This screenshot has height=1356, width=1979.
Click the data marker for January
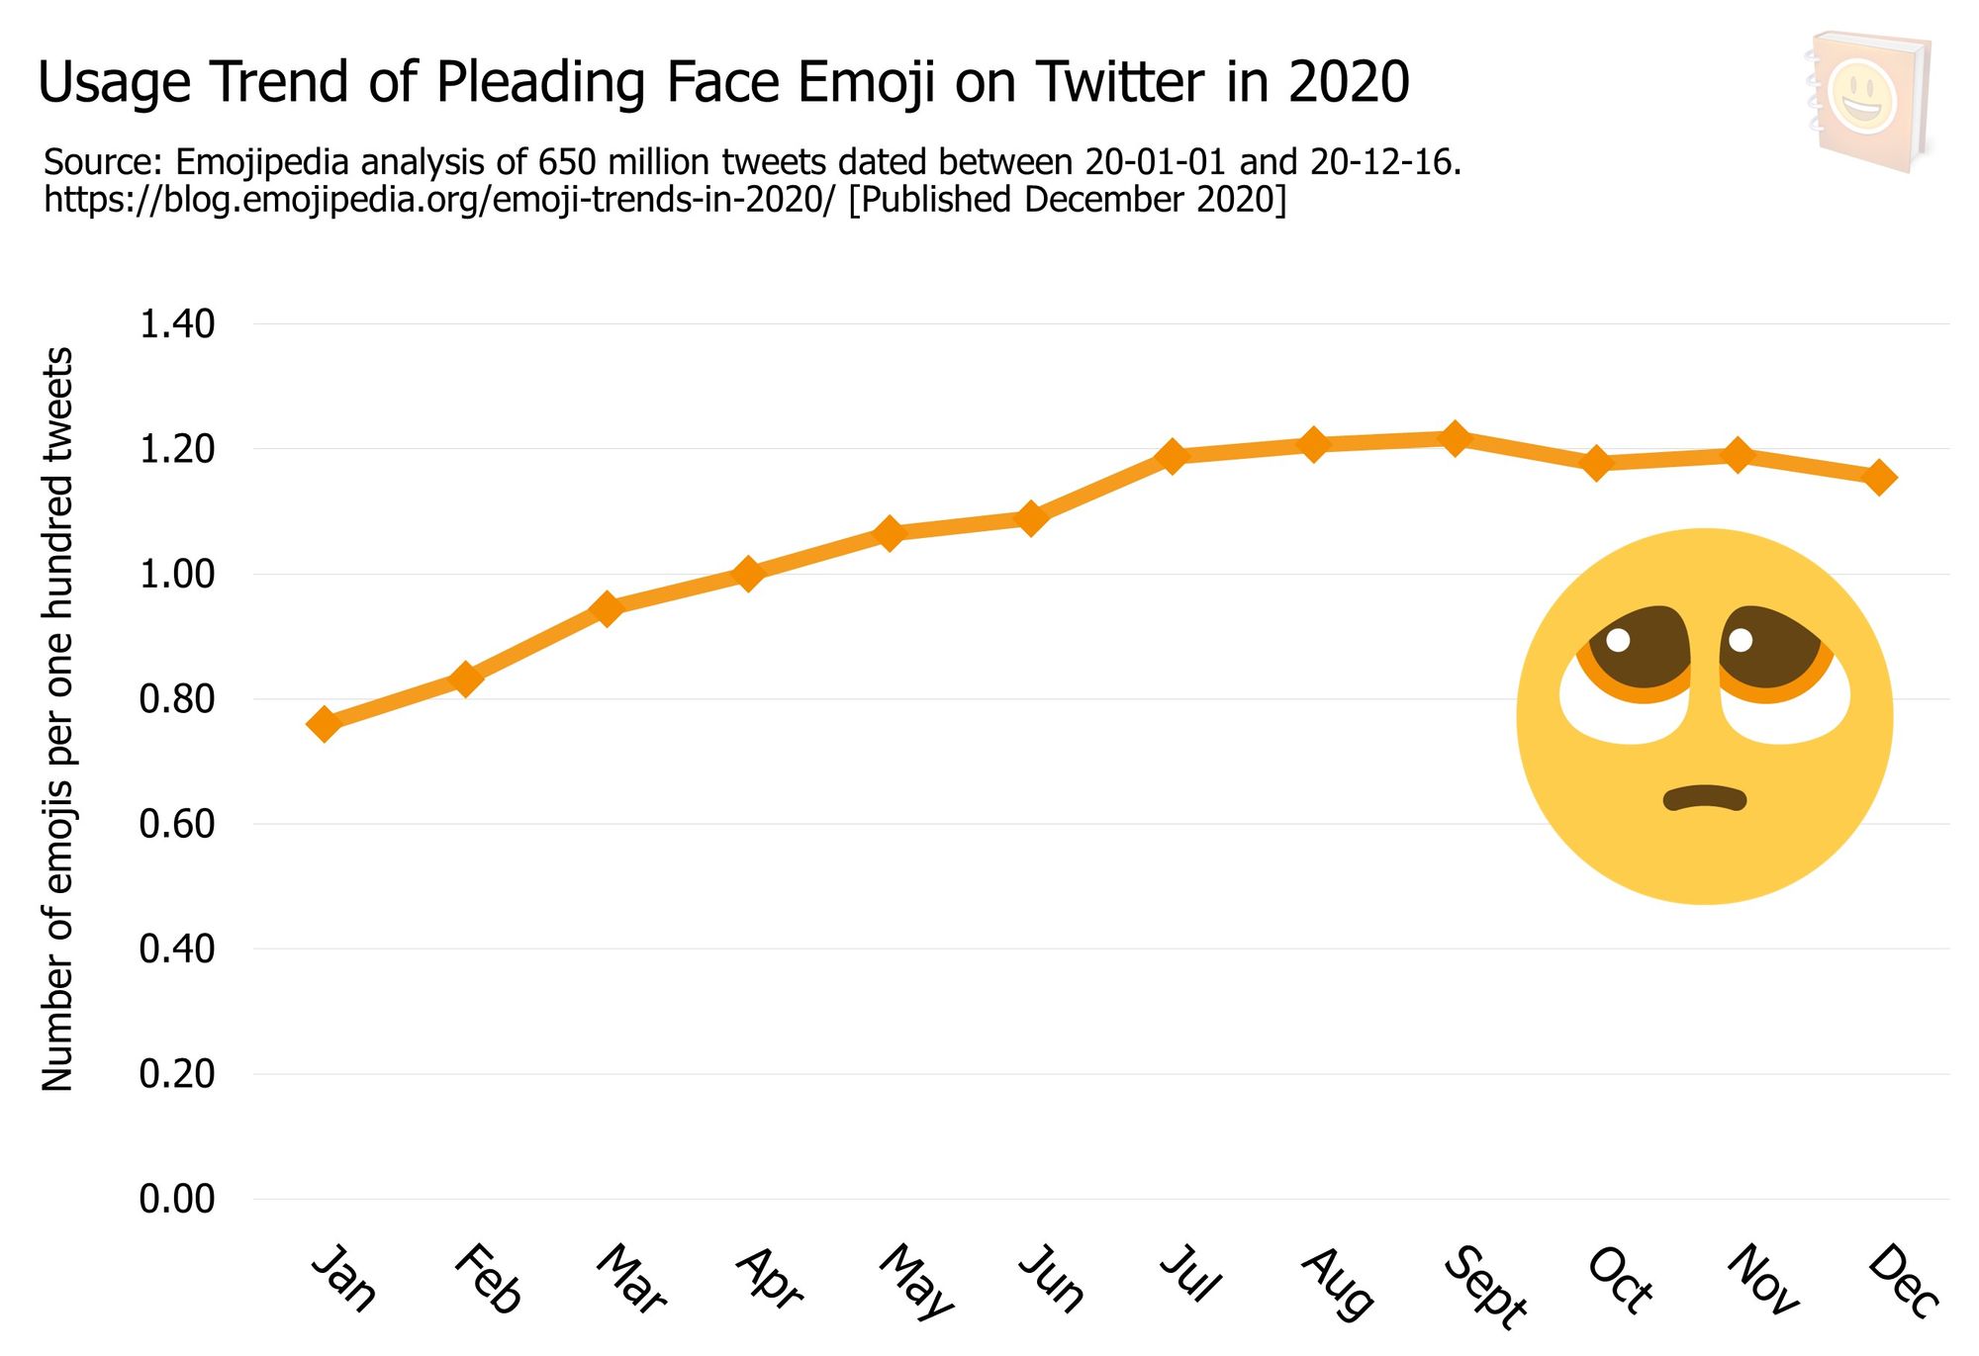[x=324, y=724]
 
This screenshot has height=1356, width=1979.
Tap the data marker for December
[x=1879, y=477]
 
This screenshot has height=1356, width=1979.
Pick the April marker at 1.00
[x=748, y=574]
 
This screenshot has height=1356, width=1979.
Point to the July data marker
[x=1172, y=456]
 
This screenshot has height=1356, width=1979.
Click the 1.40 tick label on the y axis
[x=177, y=324]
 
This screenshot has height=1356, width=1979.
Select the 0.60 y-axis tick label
[x=177, y=824]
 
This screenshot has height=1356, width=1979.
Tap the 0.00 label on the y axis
[x=177, y=1199]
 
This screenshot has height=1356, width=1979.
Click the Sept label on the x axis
[x=1484, y=1286]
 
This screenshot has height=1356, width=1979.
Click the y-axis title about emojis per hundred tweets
[x=57, y=719]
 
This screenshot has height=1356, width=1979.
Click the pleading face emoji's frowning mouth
[x=1704, y=797]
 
